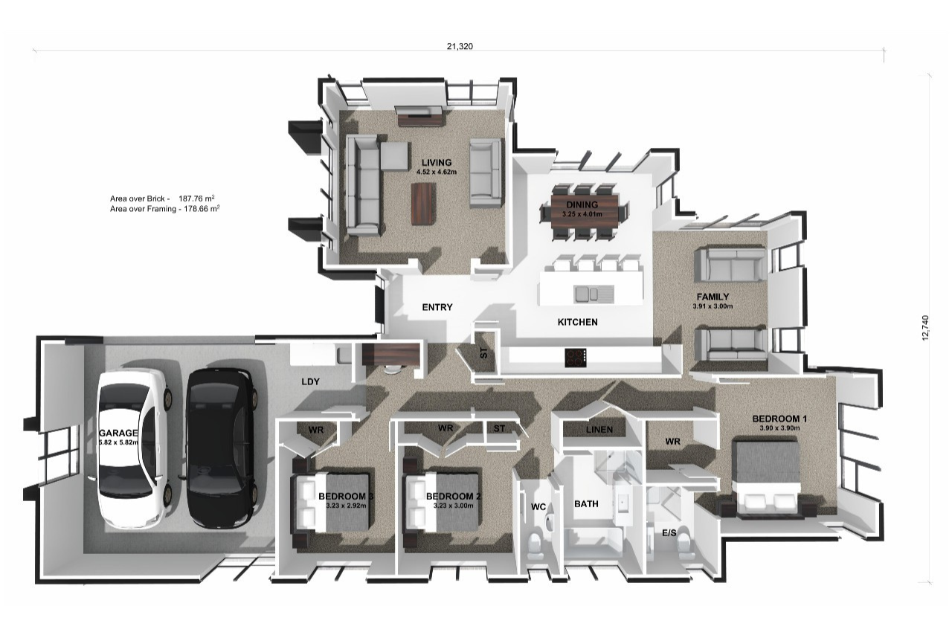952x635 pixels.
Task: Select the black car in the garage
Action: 222,449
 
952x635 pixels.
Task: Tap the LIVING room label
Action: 437,162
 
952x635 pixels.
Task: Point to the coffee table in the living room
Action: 423,204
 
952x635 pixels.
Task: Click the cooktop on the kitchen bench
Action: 576,358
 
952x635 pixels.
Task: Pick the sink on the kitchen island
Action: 594,294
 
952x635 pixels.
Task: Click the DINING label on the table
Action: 582,204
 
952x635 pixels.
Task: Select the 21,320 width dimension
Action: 460,46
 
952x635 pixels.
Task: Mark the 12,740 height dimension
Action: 926,328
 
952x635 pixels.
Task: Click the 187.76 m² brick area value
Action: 196,199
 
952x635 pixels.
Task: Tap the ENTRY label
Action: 437,307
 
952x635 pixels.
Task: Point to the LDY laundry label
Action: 310,381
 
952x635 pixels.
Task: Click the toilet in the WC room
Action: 534,547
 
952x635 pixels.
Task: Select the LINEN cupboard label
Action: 599,430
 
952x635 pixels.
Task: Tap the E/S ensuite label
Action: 669,532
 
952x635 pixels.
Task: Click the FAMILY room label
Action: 713,297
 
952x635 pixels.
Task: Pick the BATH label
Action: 586,503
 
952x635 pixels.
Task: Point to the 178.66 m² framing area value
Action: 202,209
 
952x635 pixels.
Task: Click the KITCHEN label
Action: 577,322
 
